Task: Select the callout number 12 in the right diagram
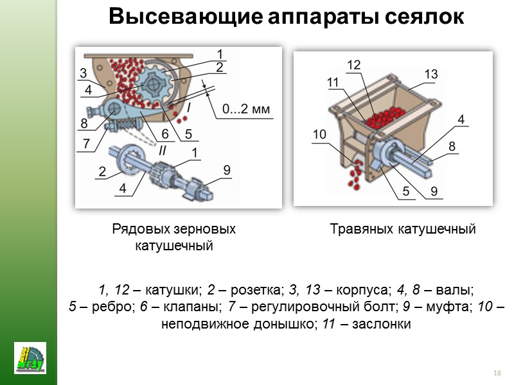[354, 65]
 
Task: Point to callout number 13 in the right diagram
[430, 74]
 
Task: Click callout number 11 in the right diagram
[332, 81]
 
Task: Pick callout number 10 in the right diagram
[320, 133]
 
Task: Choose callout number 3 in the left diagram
[84, 72]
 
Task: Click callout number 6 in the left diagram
[164, 134]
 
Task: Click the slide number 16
[497, 373]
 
